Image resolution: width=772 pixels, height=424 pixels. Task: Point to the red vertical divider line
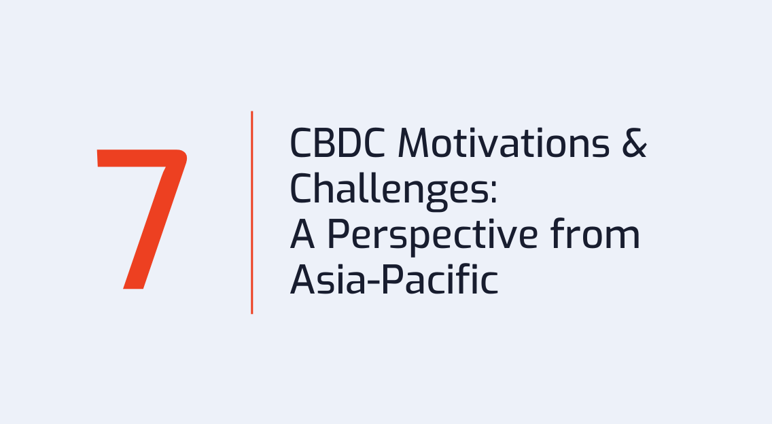[252, 212]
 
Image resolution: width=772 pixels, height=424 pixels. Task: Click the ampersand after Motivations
[634, 143]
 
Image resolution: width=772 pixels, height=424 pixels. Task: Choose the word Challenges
[385, 189]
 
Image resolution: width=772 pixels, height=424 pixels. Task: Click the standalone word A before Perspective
[302, 234]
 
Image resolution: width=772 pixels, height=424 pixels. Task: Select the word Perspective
[432, 234]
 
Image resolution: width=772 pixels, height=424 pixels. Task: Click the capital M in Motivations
[414, 143]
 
